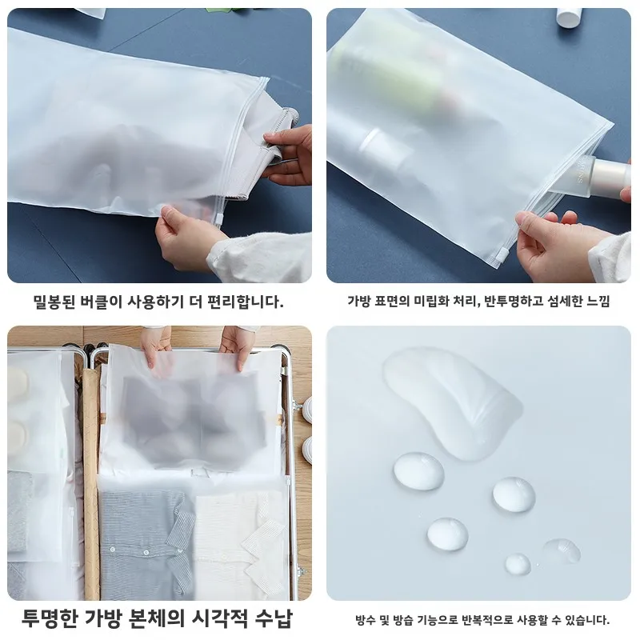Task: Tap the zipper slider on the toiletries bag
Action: pos(502,254)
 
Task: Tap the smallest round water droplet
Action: pos(518,563)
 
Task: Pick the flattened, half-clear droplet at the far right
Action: pos(562,550)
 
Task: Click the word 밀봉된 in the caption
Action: pos(54,302)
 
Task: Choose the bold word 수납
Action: pos(272,618)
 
